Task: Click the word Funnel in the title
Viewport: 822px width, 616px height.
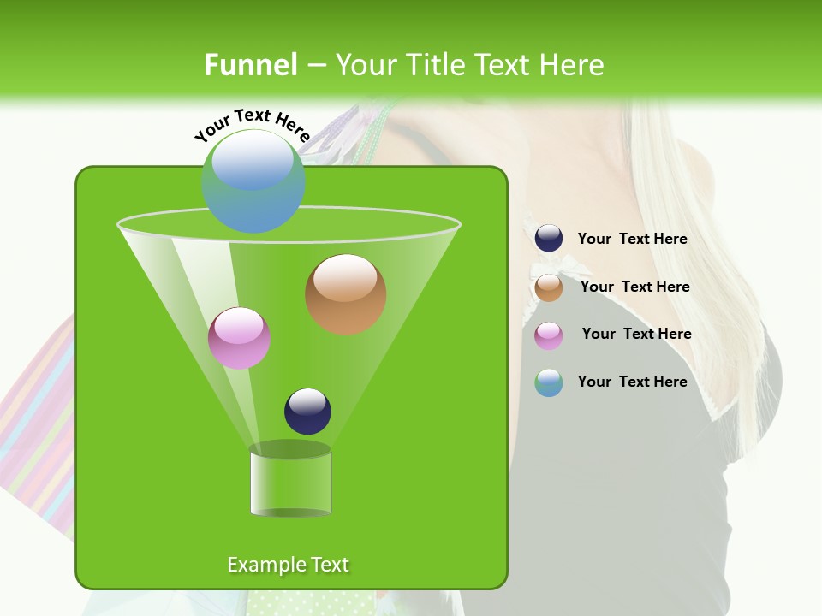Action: [251, 65]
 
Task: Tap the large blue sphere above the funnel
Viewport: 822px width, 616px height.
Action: [253, 181]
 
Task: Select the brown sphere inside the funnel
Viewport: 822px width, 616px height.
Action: [345, 294]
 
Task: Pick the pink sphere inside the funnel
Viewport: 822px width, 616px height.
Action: [239, 338]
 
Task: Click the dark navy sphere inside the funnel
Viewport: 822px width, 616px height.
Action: [307, 412]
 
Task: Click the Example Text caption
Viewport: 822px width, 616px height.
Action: [288, 565]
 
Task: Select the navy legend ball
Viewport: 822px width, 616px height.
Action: [549, 239]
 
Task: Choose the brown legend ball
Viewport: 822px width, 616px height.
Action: [549, 287]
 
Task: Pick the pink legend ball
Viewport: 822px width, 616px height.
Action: [549, 335]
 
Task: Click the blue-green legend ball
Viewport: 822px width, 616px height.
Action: [549, 382]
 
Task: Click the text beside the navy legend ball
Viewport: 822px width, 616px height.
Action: [632, 240]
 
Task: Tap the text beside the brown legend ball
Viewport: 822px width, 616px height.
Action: [634, 287]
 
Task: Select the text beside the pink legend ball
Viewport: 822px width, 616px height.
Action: [636, 335]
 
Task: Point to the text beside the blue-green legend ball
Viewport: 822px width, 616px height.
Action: [632, 382]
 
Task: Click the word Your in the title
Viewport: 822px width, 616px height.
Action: [366, 65]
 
